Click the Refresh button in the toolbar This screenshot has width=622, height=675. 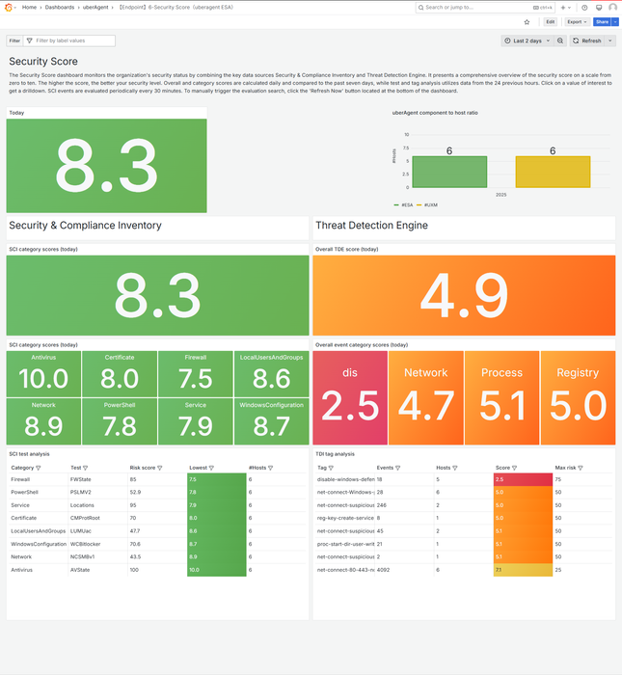pyautogui.click(x=586, y=40)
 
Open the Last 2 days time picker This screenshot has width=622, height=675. pyautogui.click(x=527, y=40)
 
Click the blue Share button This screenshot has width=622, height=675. pyautogui.click(x=602, y=21)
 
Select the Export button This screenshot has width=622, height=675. pyautogui.click(x=577, y=21)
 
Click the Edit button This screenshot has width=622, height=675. pyautogui.click(x=550, y=21)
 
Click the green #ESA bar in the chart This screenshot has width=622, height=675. pyautogui.click(x=448, y=172)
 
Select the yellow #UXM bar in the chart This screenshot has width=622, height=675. pyautogui.click(x=553, y=172)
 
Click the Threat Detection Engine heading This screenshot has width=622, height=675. pyautogui.click(x=371, y=226)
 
